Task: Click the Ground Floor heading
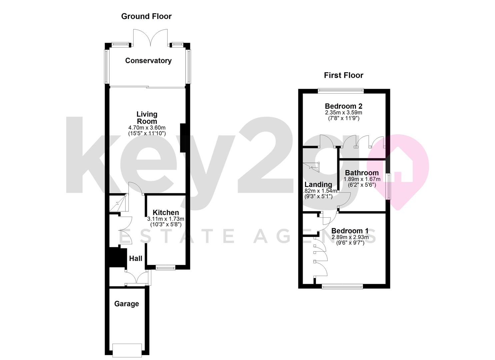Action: point(146,16)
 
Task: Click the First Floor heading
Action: point(343,75)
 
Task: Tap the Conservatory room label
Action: point(148,61)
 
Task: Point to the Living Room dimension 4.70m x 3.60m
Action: point(147,128)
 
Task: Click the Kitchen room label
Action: point(166,213)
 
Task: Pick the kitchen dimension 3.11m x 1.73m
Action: point(166,219)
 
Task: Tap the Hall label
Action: point(136,259)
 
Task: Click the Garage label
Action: point(127,304)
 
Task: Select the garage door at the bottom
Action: point(127,350)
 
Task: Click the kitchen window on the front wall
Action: point(165,267)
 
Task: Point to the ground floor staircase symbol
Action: point(118,203)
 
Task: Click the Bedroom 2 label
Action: point(343,106)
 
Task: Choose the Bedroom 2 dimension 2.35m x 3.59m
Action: point(343,113)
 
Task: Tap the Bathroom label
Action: point(362,173)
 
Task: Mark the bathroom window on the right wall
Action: point(388,187)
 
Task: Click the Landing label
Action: point(318,185)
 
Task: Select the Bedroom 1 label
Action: point(350,231)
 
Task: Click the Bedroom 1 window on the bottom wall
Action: point(342,286)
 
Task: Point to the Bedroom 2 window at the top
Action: point(341,90)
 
